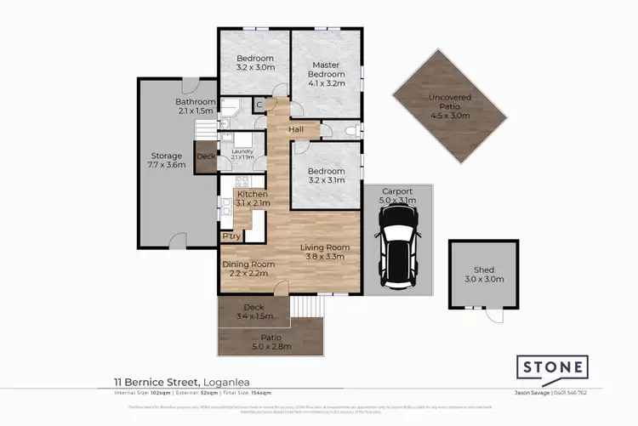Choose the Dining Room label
[248, 270]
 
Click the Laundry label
[242, 154]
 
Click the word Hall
[295, 129]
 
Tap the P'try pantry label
[230, 236]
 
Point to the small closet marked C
[259, 105]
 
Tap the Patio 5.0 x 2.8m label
[271, 342]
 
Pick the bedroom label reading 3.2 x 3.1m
[326, 175]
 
